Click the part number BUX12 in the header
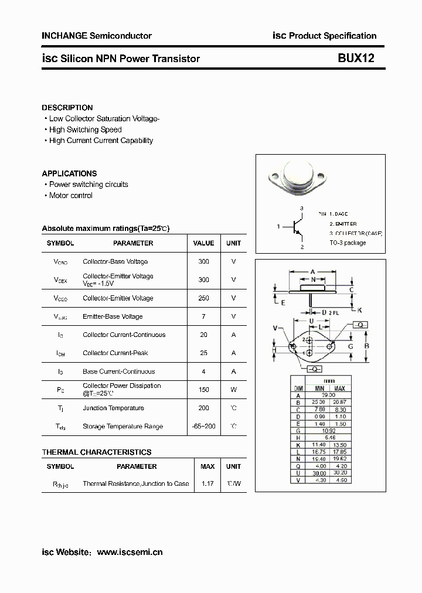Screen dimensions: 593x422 click(355, 59)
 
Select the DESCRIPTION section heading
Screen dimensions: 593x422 click(67, 108)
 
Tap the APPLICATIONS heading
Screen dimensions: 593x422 click(69, 173)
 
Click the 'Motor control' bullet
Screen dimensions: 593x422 click(70, 195)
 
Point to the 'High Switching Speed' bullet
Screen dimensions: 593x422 click(85, 129)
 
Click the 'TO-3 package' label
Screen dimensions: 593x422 click(348, 243)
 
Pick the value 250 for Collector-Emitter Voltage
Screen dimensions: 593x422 click(203, 298)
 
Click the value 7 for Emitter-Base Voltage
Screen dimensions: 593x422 click(203, 316)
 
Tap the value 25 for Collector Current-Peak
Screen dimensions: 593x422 click(203, 353)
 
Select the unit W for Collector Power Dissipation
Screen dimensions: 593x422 click(233, 390)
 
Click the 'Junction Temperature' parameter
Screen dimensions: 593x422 click(113, 408)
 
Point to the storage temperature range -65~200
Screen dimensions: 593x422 click(203, 427)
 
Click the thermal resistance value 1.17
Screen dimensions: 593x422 click(207, 484)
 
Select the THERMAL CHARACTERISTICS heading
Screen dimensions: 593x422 click(96, 452)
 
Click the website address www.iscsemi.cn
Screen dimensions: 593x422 click(130, 552)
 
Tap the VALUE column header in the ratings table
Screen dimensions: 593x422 click(203, 243)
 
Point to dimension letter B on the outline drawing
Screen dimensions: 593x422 click(367, 346)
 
